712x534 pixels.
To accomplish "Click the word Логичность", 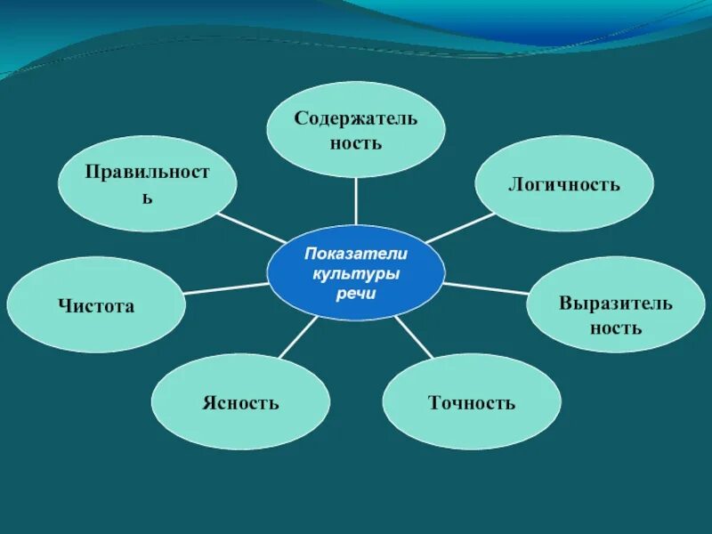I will (x=563, y=185).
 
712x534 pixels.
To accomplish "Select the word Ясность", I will (x=240, y=403).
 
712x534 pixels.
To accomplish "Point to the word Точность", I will (x=472, y=403).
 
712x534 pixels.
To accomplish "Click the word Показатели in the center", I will (x=356, y=255).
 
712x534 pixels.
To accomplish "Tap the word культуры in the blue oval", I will (x=356, y=275).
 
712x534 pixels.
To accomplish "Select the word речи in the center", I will (x=356, y=294).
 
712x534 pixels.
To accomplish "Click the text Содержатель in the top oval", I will (x=356, y=119).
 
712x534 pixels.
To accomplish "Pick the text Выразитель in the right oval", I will (x=615, y=303).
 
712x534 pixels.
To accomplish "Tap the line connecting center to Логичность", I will (x=459, y=228).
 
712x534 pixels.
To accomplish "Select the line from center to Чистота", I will (x=226, y=288).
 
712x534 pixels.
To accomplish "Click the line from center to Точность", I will (x=414, y=338).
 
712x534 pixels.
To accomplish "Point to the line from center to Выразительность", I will (x=485, y=288).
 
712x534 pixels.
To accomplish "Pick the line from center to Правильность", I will (x=251, y=227).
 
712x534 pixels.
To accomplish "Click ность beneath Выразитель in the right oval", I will (x=615, y=328).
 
